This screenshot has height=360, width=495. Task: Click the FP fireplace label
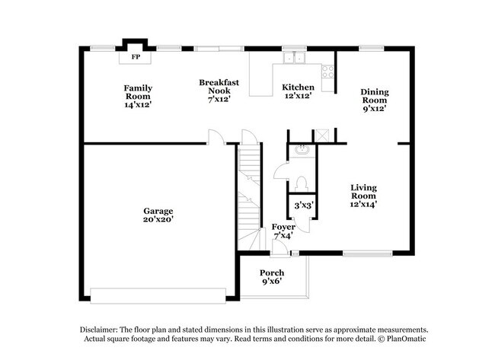(x=136, y=57)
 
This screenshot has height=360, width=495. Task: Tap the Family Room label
(x=139, y=97)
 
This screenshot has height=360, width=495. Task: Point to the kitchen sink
(x=293, y=57)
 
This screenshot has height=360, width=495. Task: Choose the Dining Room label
(x=374, y=100)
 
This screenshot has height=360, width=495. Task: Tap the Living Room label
(x=363, y=196)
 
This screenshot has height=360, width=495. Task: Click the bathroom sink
(x=302, y=149)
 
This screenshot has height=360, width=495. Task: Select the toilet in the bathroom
(x=302, y=183)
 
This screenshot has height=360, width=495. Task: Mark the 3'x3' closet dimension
(x=304, y=205)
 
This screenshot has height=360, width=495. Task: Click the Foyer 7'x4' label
(x=283, y=231)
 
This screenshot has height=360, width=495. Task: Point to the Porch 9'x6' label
(x=272, y=278)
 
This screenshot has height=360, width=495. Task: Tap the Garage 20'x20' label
(x=158, y=215)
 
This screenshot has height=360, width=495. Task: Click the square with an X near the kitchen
(x=323, y=135)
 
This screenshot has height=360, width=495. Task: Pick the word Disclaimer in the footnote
(x=103, y=329)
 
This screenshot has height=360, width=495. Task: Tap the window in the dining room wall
(x=371, y=49)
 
